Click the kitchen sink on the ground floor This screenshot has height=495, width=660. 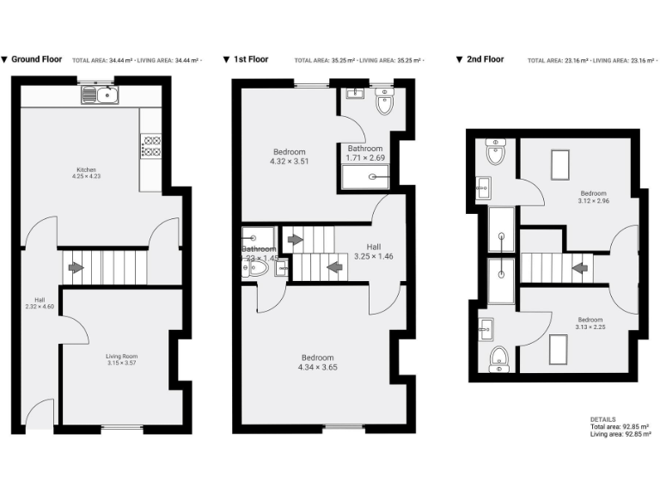click(x=100, y=95)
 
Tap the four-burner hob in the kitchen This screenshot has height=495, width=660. click(x=151, y=146)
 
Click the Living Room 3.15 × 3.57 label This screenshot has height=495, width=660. click(x=121, y=359)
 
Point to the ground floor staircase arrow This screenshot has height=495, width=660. click(x=76, y=267)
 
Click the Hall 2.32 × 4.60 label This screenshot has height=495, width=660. click(x=39, y=303)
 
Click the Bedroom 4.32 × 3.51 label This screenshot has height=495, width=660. click(x=289, y=156)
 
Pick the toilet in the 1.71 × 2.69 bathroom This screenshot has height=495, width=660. click(x=384, y=103)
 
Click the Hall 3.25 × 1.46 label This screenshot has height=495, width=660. click(x=373, y=251)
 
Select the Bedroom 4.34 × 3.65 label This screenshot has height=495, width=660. click(x=318, y=362)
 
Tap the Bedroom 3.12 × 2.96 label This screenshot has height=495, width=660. click(x=593, y=197)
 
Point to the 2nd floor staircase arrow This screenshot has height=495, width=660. click(x=581, y=267)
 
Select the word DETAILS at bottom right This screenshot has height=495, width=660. click(x=603, y=419)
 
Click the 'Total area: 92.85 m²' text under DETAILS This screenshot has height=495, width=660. click(x=619, y=427)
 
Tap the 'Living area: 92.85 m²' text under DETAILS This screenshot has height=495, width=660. click(x=619, y=435)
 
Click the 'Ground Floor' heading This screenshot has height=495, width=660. click(x=36, y=60)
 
